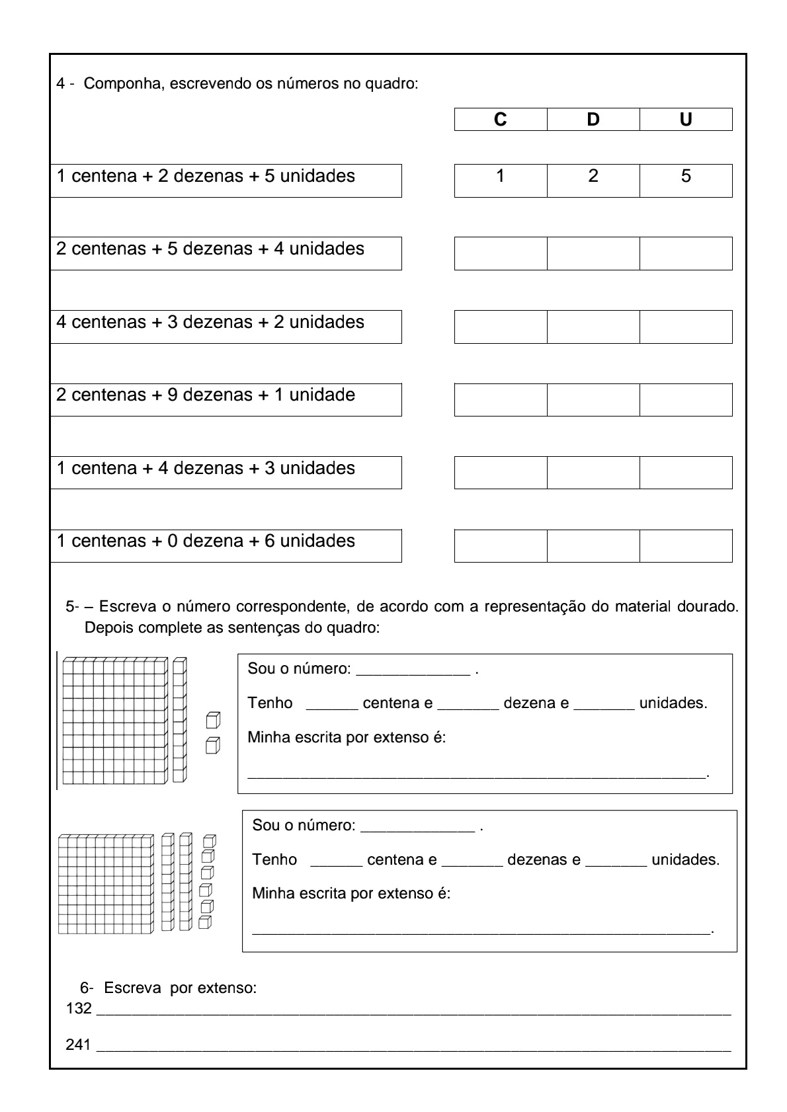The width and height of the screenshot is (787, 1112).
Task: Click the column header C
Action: pyautogui.click(x=500, y=120)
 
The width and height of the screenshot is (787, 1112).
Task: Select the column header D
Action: pyautogui.click(x=593, y=120)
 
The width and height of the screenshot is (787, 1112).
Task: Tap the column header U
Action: pyautogui.click(x=686, y=120)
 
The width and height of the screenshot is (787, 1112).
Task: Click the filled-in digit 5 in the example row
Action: pyautogui.click(x=686, y=176)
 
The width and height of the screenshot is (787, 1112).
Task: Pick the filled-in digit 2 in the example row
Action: pyautogui.click(x=593, y=176)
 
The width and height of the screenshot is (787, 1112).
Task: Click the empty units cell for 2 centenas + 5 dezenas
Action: pyautogui.click(x=686, y=253)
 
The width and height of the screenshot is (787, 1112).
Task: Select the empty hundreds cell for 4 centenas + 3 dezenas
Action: pyautogui.click(x=501, y=327)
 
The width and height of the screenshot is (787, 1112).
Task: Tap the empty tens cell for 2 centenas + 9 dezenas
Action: pyautogui.click(x=593, y=399)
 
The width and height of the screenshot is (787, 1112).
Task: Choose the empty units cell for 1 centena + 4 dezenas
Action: pyautogui.click(x=686, y=473)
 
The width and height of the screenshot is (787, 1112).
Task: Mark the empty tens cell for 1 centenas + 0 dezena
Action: pyautogui.click(x=593, y=545)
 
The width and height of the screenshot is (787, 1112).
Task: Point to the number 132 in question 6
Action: pyautogui.click(x=79, y=1009)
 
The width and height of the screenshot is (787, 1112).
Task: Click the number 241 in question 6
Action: pyautogui.click(x=79, y=1045)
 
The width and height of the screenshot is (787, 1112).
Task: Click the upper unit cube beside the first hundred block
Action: pyautogui.click(x=212, y=720)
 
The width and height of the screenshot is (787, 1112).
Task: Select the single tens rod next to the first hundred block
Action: pyautogui.click(x=179, y=720)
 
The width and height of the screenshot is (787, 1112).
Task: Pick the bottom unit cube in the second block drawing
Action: pyautogui.click(x=205, y=922)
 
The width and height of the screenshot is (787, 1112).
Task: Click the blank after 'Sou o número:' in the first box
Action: pyautogui.click(x=413, y=669)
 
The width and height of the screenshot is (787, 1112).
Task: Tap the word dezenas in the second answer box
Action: pyautogui.click(x=544, y=859)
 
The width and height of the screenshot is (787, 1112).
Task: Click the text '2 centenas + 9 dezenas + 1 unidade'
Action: pyautogui.click(x=206, y=395)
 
